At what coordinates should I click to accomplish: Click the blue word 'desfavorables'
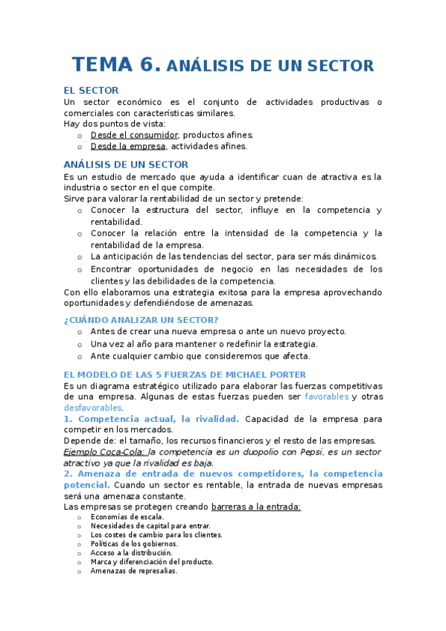click(x=92, y=408)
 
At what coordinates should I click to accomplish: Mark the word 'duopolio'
click(x=260, y=452)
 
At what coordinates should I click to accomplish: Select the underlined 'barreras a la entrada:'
click(x=256, y=507)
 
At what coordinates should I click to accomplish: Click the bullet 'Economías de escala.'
click(x=127, y=516)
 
